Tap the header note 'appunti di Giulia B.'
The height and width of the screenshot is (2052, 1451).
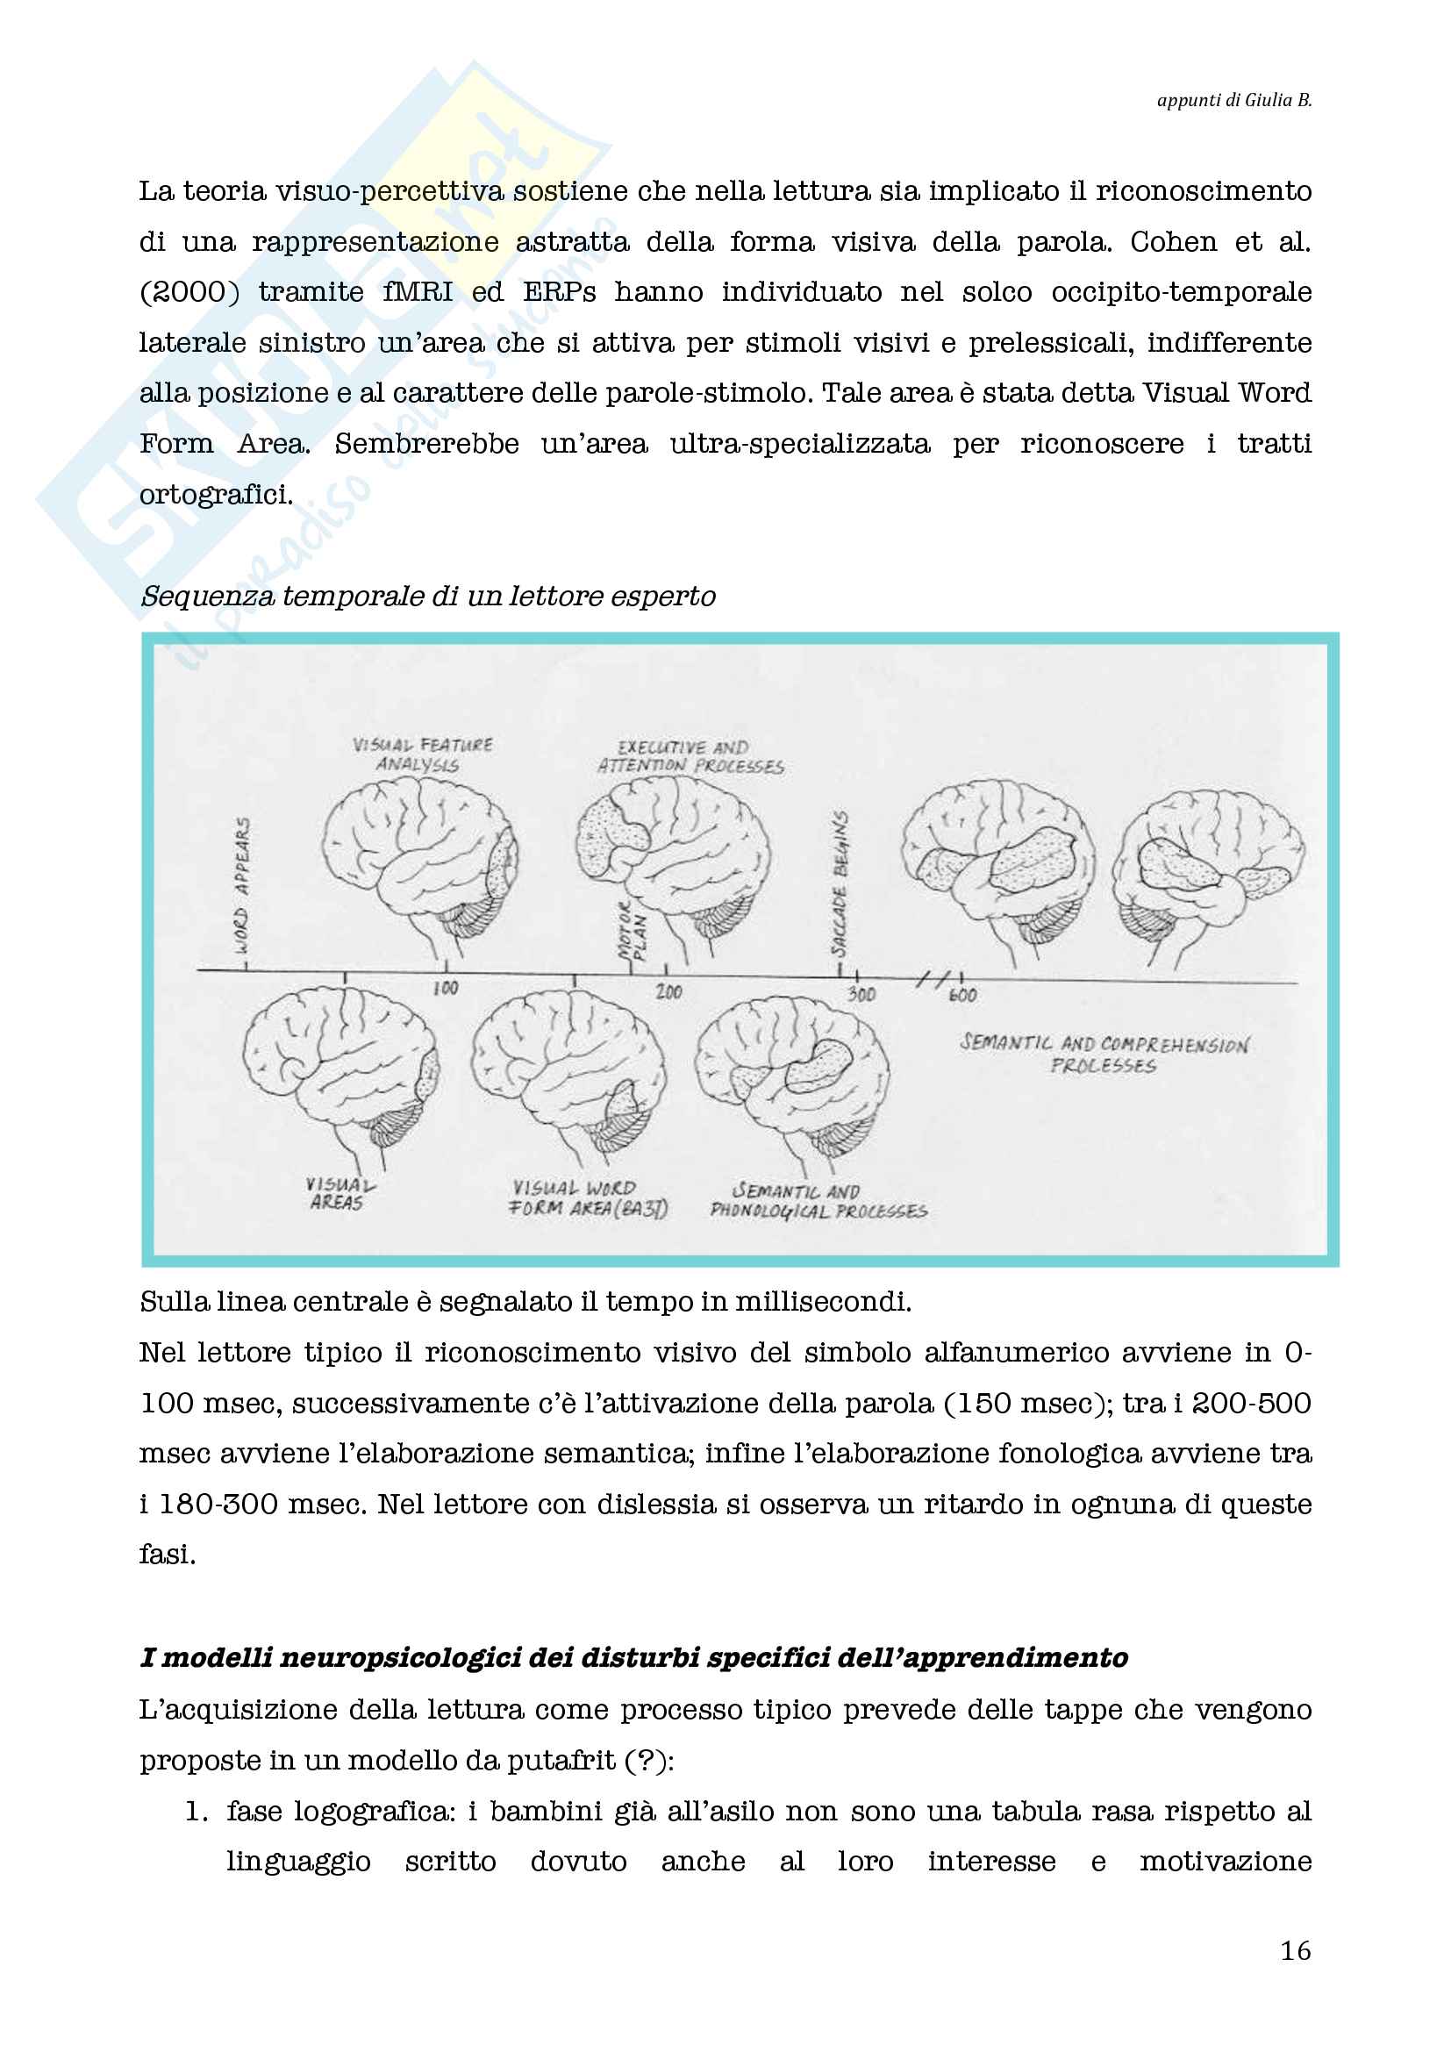(1234, 100)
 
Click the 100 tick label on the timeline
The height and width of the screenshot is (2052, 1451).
(445, 989)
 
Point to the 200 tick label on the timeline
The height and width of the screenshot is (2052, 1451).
(668, 991)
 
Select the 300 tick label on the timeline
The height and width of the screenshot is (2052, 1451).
(861, 994)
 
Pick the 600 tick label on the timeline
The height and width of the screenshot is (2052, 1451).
(962, 995)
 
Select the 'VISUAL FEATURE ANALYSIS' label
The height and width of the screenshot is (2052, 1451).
(422, 754)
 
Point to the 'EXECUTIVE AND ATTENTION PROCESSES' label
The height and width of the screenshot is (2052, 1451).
(690, 757)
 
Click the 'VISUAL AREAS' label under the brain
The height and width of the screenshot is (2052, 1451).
(339, 1194)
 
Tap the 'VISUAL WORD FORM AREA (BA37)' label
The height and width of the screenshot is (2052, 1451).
(588, 1198)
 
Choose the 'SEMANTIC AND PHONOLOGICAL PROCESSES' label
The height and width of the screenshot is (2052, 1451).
(818, 1201)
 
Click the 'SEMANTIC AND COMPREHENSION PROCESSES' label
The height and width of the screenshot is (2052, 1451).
(1104, 1054)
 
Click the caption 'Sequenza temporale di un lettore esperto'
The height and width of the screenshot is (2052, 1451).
(428, 596)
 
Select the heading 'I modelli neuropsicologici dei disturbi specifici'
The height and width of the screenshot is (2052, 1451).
(633, 1658)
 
